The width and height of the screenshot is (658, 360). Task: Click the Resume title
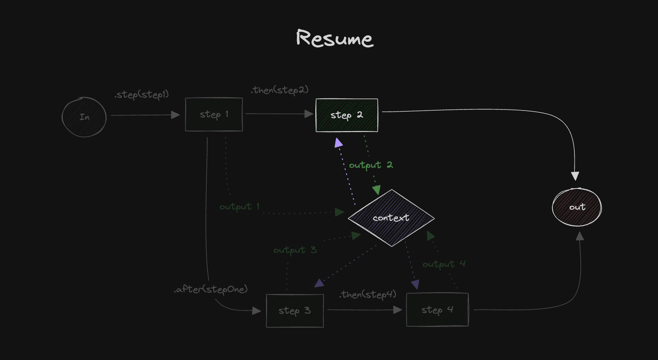point(335,38)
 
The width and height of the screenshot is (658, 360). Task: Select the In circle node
point(84,117)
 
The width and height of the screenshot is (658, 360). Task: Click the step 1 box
point(214,114)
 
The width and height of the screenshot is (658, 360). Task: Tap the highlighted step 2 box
point(346,115)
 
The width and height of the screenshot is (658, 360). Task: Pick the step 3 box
point(295,311)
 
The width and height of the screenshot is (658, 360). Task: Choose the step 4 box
point(437,310)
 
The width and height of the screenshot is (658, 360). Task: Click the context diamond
point(391,218)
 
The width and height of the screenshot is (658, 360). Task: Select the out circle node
point(577,207)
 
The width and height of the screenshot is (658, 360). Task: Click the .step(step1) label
point(141,95)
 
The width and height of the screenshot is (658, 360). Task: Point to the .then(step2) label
point(280,90)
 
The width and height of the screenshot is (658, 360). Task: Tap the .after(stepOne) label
point(211,289)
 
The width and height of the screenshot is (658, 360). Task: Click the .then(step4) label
point(368,295)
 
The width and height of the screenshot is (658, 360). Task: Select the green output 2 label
point(371,165)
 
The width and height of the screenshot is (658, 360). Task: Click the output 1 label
point(240,207)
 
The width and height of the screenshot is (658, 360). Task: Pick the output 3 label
point(295,250)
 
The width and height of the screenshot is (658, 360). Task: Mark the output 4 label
point(444,264)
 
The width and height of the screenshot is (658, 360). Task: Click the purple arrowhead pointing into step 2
point(338,143)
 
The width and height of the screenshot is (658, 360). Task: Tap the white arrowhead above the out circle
point(575,176)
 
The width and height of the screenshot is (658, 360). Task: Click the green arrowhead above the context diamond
point(377,190)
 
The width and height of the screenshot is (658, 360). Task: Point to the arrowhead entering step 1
point(175,115)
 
